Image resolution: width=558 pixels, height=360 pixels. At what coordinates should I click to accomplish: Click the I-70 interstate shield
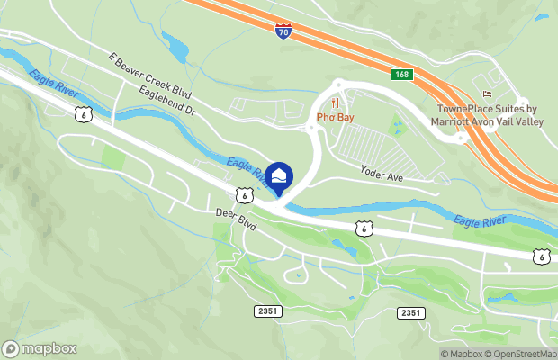pos(283,31)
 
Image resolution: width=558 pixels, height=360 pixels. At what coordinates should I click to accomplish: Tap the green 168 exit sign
pos(401,74)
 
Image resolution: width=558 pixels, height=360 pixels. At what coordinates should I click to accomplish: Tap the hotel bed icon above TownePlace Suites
pos(488,94)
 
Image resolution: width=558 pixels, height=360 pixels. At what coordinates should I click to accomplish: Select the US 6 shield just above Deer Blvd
pos(244,194)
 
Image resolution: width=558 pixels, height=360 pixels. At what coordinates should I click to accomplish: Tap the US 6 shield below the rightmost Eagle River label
pos(540,257)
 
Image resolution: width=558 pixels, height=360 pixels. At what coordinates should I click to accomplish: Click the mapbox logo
pos(40,347)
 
